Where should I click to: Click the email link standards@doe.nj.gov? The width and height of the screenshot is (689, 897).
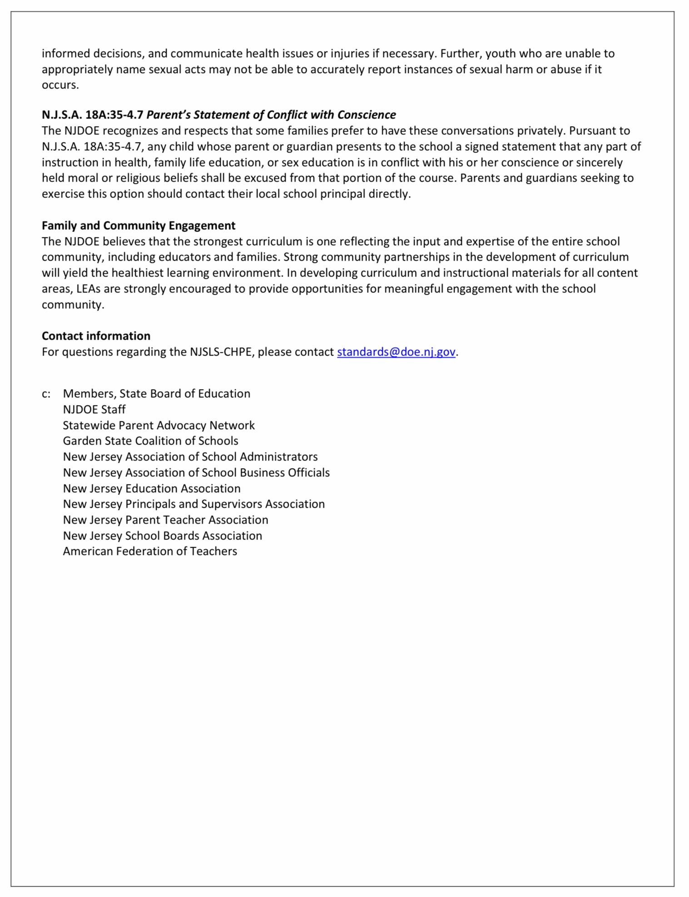click(x=396, y=352)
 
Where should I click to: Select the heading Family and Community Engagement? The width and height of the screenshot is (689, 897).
click(x=139, y=226)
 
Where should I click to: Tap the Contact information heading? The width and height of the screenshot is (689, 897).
click(x=96, y=336)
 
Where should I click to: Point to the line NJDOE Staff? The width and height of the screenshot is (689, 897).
click(x=94, y=410)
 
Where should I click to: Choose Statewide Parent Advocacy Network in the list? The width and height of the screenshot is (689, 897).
click(x=159, y=426)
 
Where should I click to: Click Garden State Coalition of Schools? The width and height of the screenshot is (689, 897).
click(x=150, y=441)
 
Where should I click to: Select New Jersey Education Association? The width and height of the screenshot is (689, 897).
click(x=152, y=489)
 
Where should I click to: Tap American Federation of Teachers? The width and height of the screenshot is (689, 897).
click(x=150, y=551)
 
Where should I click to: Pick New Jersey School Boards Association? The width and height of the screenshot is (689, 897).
click(x=162, y=536)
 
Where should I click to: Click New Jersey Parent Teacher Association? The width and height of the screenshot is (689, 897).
click(x=165, y=520)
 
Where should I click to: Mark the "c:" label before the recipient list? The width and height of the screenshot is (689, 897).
click(x=46, y=394)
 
